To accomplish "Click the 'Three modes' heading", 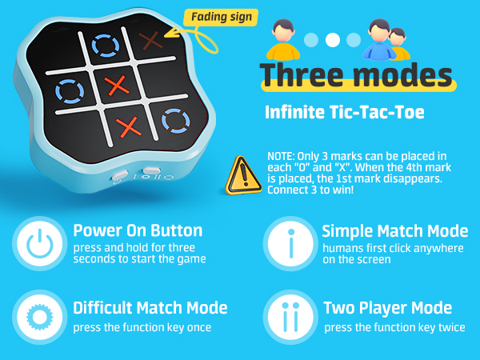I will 356,74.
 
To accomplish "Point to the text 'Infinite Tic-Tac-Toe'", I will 345,113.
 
